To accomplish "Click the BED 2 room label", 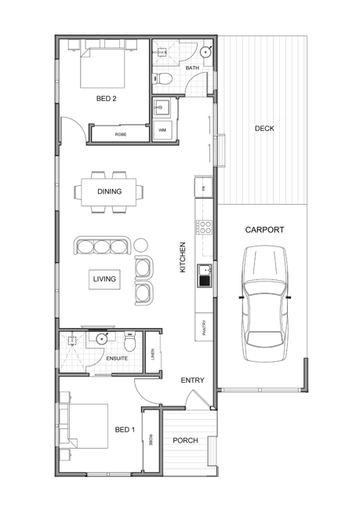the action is (x=106, y=99).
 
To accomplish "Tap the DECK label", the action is (x=264, y=129).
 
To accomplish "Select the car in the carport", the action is (x=265, y=304).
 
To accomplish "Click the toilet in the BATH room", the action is (x=162, y=78).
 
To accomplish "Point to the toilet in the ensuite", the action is (x=129, y=342).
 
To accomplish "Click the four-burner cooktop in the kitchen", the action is (x=204, y=227).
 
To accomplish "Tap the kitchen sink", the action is (x=205, y=276).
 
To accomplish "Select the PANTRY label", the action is (x=204, y=327).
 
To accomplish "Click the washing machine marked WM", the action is (x=162, y=130).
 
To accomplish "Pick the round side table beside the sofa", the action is (x=141, y=245).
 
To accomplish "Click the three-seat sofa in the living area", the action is (x=103, y=246).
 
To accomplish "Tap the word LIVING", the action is (x=104, y=279).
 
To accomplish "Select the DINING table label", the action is (x=110, y=191).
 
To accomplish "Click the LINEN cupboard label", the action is (x=153, y=354).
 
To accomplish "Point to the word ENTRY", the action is (x=192, y=381).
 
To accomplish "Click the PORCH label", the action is (x=185, y=440).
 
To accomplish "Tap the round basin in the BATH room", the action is (x=205, y=52).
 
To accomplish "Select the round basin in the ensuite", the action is (x=102, y=339).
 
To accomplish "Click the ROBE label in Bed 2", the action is (x=121, y=134).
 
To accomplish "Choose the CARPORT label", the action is (x=264, y=230).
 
